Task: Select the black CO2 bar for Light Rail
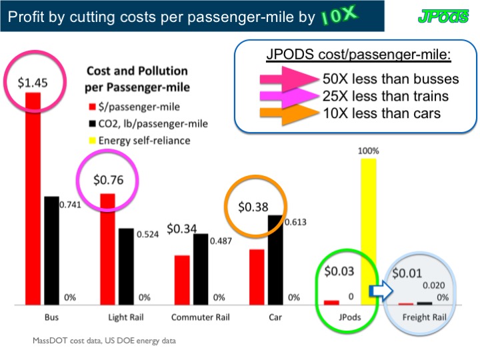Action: pyautogui.click(x=125, y=266)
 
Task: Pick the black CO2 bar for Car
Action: pyautogui.click(x=274, y=259)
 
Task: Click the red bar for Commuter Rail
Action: pyautogui.click(x=182, y=279)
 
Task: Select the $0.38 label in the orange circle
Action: pyautogui.click(x=255, y=207)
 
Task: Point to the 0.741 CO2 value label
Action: pyautogui.click(x=70, y=205)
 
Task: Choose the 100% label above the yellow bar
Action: pyautogui.click(x=369, y=151)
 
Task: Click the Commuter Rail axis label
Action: pyautogui.click(x=199, y=317)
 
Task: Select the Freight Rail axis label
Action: pyautogui.click(x=425, y=317)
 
